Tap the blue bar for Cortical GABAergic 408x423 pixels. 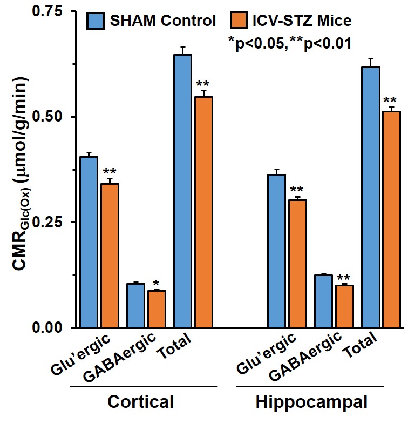(x=135, y=305)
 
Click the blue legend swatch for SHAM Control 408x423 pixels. (x=99, y=21)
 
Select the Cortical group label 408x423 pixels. (x=140, y=402)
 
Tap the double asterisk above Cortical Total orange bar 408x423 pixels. (x=203, y=84)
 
